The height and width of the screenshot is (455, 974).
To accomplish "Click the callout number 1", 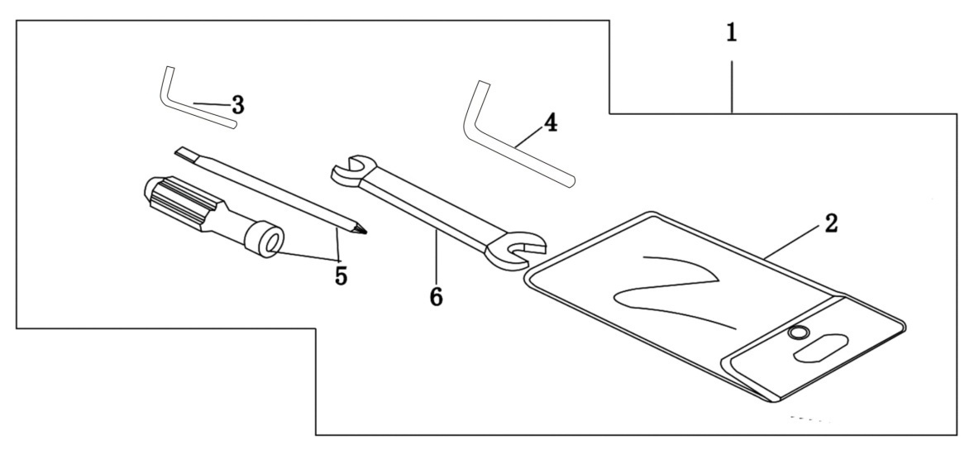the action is point(732,33).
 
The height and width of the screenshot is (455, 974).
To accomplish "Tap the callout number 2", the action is point(831,223).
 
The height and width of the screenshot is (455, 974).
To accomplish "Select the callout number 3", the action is point(237,106).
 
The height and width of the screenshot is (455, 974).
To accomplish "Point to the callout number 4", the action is point(551,123).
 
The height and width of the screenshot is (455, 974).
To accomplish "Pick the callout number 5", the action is point(341,275).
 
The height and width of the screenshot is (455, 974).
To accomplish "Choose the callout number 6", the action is point(436,296).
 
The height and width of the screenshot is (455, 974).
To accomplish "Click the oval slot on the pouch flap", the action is point(820,349).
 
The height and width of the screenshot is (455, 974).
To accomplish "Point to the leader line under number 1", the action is point(732,87).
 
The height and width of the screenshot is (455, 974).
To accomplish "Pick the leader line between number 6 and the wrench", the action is point(436,256).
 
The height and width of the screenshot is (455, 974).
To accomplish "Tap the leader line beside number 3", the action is point(211,103).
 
